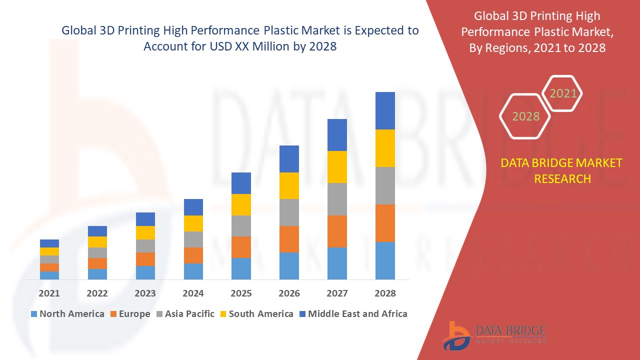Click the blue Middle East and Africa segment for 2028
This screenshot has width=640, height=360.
click(x=385, y=110)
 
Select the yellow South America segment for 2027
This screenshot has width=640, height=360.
click(x=337, y=167)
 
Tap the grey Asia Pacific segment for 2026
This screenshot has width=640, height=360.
click(x=289, y=212)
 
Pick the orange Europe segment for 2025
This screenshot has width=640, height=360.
click(x=241, y=247)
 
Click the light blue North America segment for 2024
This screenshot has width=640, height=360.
click(x=193, y=271)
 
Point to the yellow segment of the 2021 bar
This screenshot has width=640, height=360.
click(x=49, y=251)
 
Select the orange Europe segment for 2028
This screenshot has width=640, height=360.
click(x=385, y=223)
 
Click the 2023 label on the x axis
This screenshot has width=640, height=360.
click(x=145, y=293)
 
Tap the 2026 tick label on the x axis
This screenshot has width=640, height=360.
click(x=289, y=293)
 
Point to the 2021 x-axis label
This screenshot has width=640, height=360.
click(x=49, y=293)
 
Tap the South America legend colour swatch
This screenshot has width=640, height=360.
click(x=223, y=314)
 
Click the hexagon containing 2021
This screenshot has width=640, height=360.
click(x=563, y=93)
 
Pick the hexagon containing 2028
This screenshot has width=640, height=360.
click(x=525, y=116)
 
